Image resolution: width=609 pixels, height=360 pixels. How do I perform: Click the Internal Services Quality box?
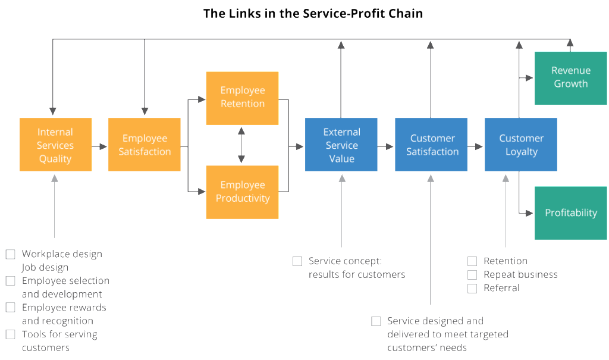point(55,145)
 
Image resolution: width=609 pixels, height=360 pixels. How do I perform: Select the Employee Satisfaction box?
point(145,145)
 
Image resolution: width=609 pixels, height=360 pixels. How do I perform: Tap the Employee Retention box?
point(242,98)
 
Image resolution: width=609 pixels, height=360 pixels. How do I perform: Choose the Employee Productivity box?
point(242,192)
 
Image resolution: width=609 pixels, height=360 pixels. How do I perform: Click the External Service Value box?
point(341,145)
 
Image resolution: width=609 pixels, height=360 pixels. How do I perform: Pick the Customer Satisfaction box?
point(431,145)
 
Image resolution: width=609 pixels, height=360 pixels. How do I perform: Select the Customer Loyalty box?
point(521,145)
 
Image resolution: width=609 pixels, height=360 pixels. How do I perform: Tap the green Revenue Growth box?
point(570,78)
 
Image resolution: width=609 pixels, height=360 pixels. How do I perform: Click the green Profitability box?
point(570,213)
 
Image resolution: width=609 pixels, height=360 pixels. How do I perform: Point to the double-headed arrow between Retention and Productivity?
point(241,145)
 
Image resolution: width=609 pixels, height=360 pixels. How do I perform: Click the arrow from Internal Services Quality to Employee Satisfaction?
point(99,146)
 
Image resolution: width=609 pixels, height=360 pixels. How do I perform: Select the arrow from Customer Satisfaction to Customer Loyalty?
point(475,146)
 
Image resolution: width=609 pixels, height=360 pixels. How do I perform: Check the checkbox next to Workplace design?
point(11,254)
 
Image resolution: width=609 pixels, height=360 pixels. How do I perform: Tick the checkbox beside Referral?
point(472,289)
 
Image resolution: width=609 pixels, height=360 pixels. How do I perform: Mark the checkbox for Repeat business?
point(472,275)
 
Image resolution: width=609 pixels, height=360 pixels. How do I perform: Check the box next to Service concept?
point(297,261)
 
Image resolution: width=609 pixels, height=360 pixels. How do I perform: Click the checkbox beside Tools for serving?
point(11,334)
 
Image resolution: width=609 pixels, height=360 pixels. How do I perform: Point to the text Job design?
point(45,268)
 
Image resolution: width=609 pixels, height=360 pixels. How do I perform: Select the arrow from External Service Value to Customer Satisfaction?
point(385,146)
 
